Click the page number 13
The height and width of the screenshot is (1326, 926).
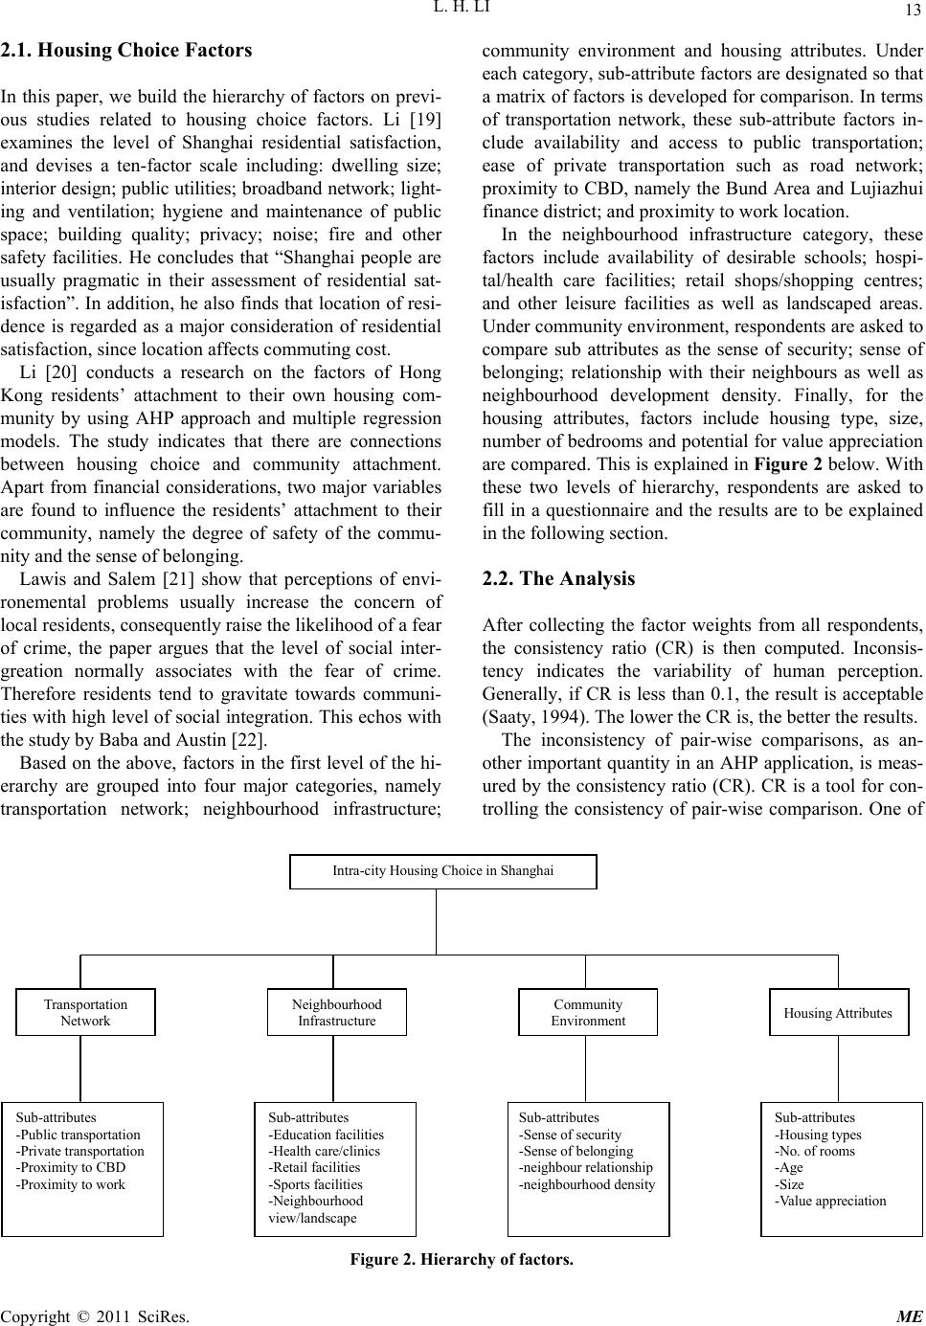tap(911, 11)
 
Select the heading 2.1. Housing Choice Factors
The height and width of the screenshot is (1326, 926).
tap(126, 51)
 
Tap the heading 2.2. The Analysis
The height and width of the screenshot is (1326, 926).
tap(557, 578)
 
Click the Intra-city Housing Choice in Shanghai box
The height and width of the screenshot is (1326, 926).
tap(442, 871)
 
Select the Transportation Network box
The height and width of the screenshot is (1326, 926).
tap(85, 1012)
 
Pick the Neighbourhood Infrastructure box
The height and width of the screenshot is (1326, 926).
tap(336, 1012)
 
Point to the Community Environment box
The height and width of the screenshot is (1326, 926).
tap(588, 1012)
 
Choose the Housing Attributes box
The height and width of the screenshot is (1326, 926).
tap(838, 1013)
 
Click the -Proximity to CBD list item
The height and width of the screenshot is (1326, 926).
tap(71, 1167)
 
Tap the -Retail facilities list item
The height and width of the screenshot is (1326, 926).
tap(314, 1167)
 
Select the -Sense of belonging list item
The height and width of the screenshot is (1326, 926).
tap(576, 1151)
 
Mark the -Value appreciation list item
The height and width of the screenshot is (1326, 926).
tap(830, 1201)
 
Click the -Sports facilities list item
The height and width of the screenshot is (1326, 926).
tap(315, 1184)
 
